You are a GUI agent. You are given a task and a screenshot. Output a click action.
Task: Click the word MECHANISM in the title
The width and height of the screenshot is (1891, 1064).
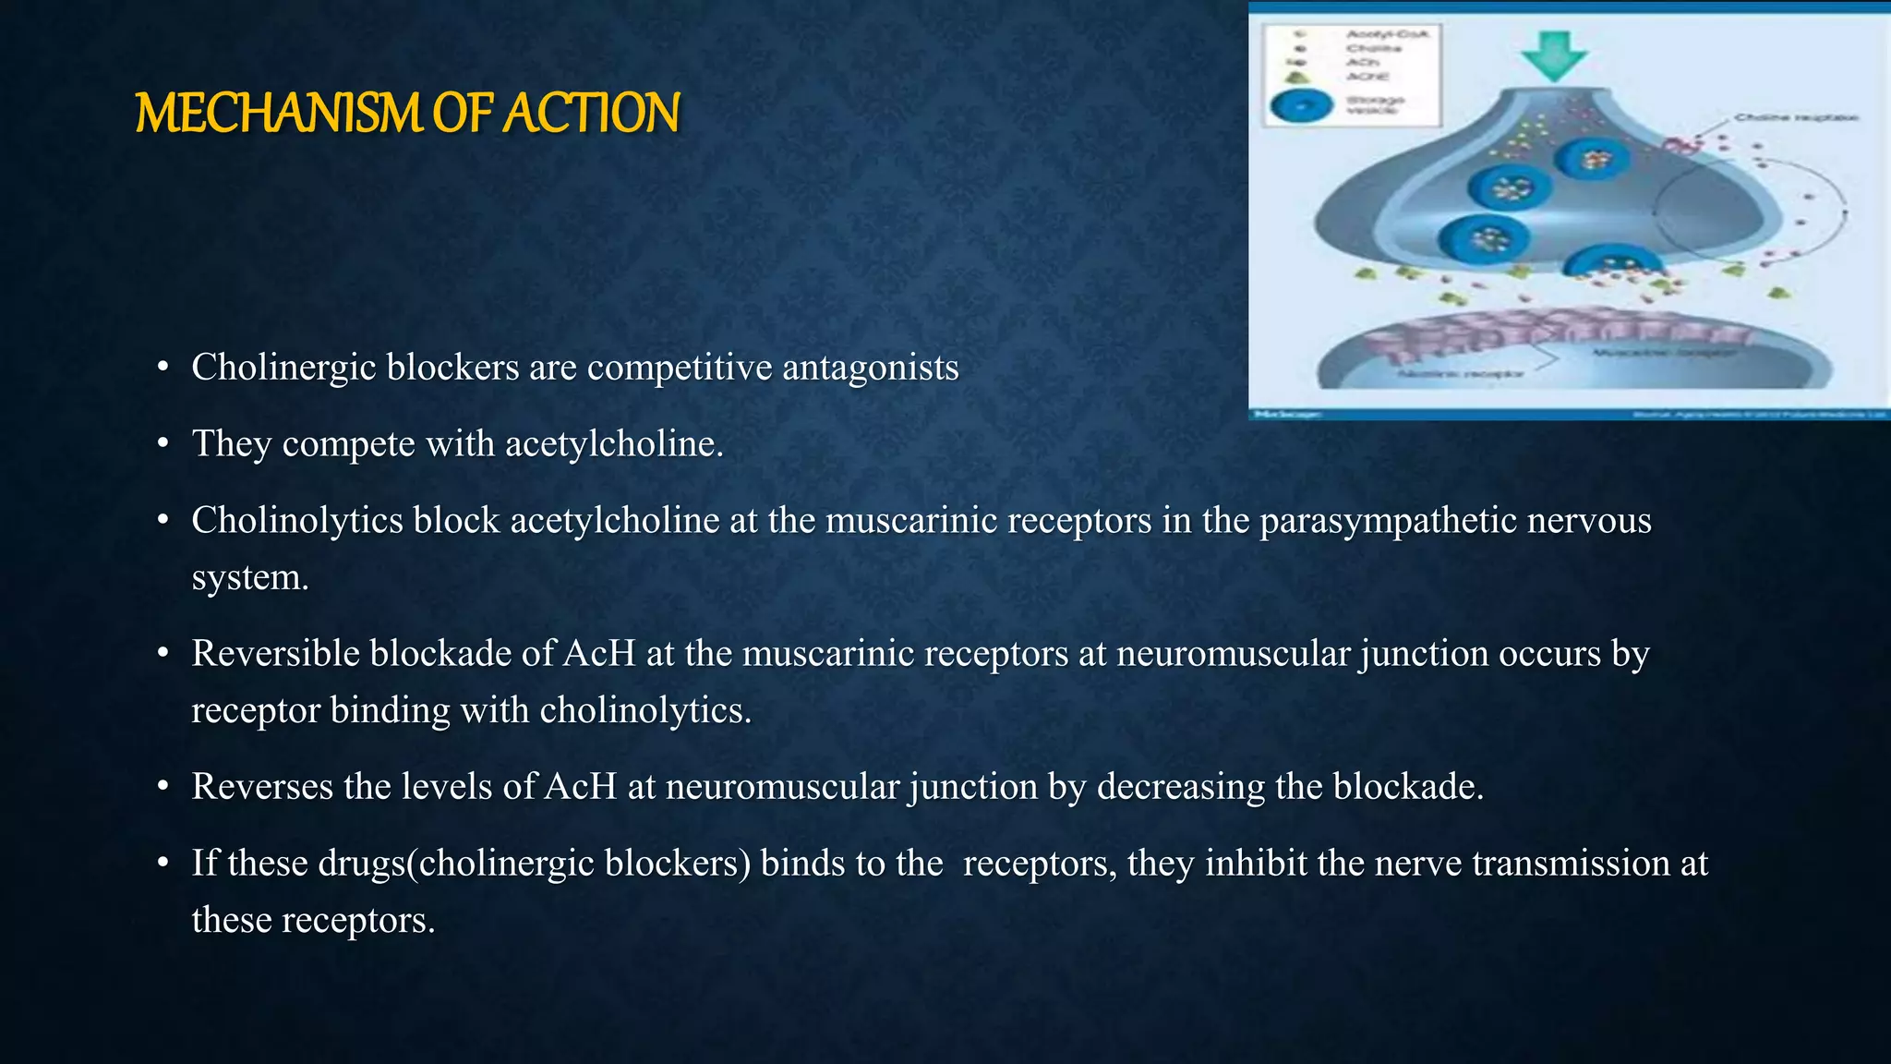[278, 114]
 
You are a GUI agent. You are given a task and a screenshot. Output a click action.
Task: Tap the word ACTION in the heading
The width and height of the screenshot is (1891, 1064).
[592, 114]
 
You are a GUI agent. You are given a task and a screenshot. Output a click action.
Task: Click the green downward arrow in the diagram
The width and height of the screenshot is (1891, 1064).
[1554, 54]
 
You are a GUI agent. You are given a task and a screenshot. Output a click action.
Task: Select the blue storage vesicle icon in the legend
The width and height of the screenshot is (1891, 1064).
[1302, 106]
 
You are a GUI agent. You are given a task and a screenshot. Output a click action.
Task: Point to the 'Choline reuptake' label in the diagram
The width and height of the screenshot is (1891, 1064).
[1795, 118]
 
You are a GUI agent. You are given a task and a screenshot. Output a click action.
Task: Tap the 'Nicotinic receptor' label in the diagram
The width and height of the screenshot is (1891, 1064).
[1459, 374]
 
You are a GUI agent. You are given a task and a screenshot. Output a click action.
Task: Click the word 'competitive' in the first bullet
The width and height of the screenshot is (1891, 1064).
[680, 368]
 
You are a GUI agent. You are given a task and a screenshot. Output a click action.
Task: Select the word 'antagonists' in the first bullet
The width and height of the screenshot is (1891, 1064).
[871, 368]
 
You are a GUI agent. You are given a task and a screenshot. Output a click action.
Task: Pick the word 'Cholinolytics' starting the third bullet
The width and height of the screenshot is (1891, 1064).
[297, 521]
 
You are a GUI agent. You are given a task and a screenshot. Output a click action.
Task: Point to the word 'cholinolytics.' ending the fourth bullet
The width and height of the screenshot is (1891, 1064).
[645, 711]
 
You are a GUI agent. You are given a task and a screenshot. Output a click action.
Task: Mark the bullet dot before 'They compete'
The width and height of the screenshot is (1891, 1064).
[163, 445]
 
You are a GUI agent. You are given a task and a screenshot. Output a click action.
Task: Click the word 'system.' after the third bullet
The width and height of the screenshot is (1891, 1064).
[249, 578]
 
